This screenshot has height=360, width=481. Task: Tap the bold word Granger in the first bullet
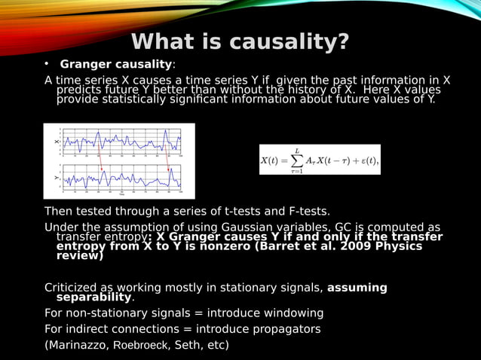85,64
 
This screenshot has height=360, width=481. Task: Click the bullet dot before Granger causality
46,64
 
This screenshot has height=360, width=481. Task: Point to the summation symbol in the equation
299,160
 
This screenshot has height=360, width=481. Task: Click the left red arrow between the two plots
100,159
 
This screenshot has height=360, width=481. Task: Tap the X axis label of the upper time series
56,141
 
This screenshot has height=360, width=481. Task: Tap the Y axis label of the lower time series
56,178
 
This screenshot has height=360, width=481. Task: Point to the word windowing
293,313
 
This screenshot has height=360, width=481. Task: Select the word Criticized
72,288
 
